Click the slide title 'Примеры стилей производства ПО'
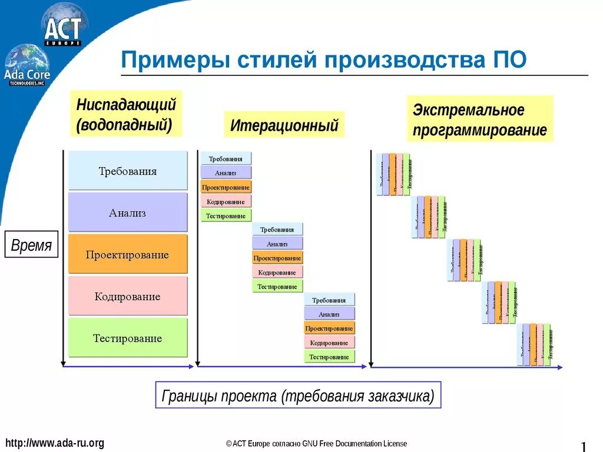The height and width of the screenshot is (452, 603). coord(323,60)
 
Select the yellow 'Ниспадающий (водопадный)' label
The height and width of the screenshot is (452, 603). coord(126,114)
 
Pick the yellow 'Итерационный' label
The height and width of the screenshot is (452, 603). coord(284,125)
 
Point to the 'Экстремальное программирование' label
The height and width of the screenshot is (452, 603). coord(479,119)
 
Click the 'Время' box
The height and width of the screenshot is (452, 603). coord(32,245)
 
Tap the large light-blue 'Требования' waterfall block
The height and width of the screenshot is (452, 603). coord(128,171)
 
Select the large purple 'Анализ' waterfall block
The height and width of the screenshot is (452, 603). coord(128,212)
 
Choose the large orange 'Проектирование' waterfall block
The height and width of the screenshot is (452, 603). coord(128,254)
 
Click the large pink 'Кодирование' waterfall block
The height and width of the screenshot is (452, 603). coord(128,296)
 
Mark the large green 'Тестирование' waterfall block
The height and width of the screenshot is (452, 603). coord(128,338)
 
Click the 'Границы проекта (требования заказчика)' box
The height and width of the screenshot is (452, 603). coord(298,396)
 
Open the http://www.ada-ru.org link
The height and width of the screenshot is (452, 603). coord(54,443)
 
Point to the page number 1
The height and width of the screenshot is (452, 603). coord(584,446)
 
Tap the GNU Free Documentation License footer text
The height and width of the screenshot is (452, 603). coord(316,444)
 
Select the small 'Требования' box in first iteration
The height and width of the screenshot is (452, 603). coord(226,159)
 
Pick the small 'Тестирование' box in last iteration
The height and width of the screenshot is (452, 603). coord(329,357)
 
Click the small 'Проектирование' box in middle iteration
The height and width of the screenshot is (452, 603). coord(277,258)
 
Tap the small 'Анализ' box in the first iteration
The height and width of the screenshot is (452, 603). coord(226,173)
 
